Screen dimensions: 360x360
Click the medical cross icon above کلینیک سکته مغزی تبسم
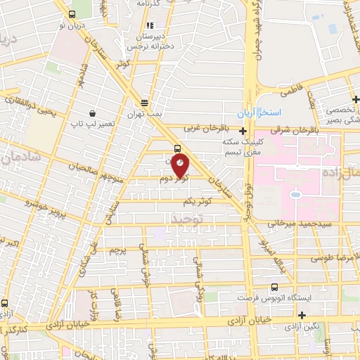tap(243, 130)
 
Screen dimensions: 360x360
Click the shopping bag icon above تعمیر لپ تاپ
tap(92, 112)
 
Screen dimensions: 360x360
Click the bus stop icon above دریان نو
tap(72, 14)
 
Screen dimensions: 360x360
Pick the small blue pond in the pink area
tap(295, 193)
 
